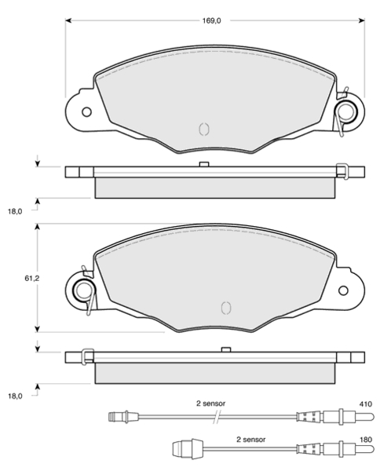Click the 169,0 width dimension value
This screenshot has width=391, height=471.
pyautogui.click(x=211, y=20)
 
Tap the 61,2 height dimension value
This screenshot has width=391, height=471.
pyautogui.click(x=32, y=279)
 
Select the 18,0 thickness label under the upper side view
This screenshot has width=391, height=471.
pyautogui.click(x=15, y=211)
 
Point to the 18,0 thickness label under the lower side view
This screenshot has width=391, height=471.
pyautogui.click(x=15, y=396)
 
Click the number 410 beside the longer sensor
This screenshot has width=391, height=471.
pyautogui.click(x=365, y=404)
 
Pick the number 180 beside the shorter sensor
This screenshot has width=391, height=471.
pyautogui.click(x=365, y=440)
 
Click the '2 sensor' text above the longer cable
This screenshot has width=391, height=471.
pyautogui.click(x=210, y=403)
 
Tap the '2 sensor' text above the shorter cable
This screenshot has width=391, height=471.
pyautogui.click(x=251, y=440)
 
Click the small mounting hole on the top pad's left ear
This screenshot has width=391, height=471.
pyautogui.click(x=86, y=112)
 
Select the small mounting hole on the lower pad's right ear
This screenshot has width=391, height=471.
pyautogui.click(x=343, y=290)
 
